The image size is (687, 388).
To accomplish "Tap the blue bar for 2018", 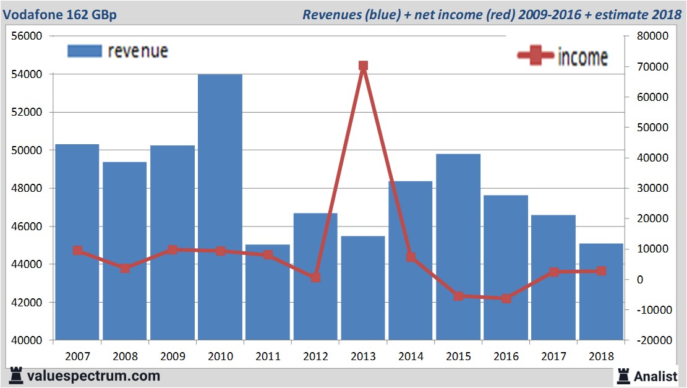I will point(601,291).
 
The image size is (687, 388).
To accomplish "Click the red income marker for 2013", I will point(363,66).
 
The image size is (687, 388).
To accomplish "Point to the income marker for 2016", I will point(506,298).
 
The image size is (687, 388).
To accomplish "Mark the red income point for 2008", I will point(125,268).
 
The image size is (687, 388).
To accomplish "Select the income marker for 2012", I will point(315,278).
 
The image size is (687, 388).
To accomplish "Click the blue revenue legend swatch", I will point(84,51).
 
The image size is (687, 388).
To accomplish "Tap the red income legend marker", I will point(536,56).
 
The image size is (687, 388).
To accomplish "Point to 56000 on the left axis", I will point(27,37).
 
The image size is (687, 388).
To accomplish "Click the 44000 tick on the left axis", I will point(27,265).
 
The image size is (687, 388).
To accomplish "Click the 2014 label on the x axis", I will point(411,356).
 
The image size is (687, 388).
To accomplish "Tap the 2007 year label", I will point(77,356).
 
